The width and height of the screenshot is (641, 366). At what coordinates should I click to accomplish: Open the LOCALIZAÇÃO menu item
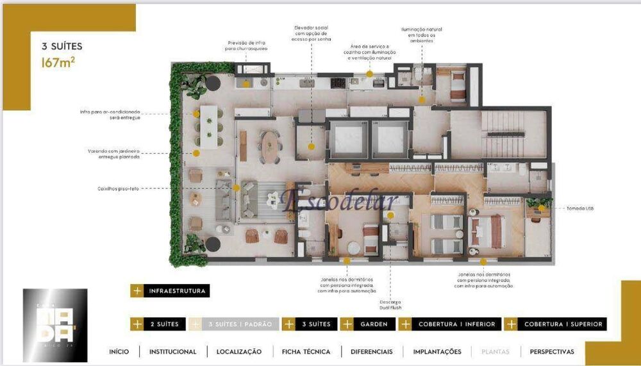point(238,351)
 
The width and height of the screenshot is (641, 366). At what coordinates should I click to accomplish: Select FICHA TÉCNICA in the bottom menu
point(306,351)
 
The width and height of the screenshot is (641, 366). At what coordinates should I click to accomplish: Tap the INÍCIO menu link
point(119,351)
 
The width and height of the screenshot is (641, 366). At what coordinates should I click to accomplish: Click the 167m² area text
point(58,63)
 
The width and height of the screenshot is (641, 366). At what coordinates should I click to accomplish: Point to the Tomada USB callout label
point(581,208)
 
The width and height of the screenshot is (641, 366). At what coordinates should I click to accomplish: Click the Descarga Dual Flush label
point(390,303)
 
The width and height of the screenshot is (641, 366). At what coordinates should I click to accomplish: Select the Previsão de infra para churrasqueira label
point(246,46)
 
